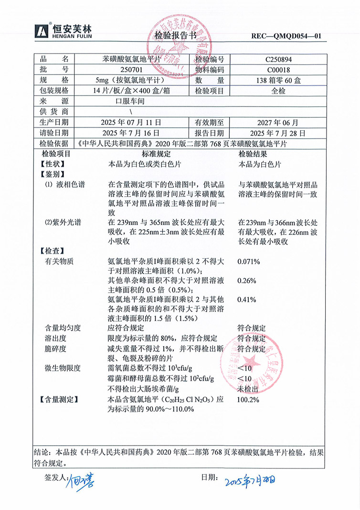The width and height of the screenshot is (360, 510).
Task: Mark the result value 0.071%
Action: [x=248, y=262]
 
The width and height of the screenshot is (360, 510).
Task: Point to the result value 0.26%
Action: [x=247, y=280]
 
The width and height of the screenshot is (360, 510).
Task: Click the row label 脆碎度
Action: [x=56, y=349]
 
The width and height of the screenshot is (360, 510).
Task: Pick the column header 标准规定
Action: [x=156, y=154]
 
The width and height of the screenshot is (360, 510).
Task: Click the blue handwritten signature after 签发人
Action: [x=80, y=479]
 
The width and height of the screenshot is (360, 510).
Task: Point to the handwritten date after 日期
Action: [x=250, y=479]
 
